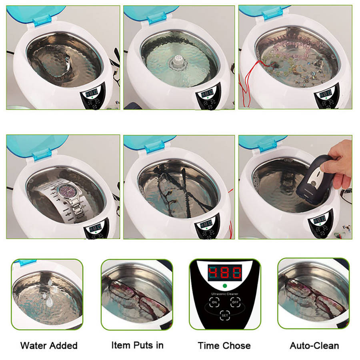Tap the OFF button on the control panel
[x=235, y=303]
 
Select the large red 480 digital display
[x=224, y=273]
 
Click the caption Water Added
[x=49, y=346]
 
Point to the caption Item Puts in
[x=137, y=345]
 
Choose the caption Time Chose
[x=224, y=346]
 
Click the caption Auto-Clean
[x=314, y=346]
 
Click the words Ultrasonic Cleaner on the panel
[x=224, y=294]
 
